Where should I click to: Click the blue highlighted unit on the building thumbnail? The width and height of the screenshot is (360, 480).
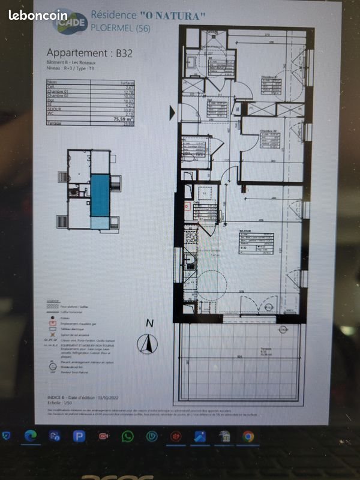pyautogui.click(x=99, y=194)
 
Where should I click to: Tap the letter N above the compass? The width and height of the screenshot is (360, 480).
pyautogui.click(x=149, y=323)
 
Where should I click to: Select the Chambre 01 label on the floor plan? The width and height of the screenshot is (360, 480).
pyautogui.click(x=268, y=77)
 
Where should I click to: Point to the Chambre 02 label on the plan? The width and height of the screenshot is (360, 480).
pyautogui.click(x=267, y=131)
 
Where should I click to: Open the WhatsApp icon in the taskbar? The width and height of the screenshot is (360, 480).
pyautogui.click(x=127, y=436)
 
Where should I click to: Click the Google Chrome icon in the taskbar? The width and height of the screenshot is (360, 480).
pyautogui.click(x=248, y=436)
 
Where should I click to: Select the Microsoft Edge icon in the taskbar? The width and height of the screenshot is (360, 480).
pyautogui.click(x=31, y=436)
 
